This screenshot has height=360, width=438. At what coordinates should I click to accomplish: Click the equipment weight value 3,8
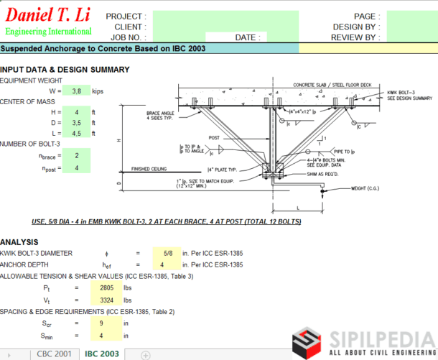click(77, 91)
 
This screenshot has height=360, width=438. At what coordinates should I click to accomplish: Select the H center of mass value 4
click(77, 112)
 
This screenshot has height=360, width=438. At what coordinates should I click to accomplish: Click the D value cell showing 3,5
click(77, 123)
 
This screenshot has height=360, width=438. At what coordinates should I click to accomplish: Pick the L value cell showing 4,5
click(77, 133)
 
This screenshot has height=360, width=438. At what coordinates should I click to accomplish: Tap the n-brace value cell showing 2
click(77, 154)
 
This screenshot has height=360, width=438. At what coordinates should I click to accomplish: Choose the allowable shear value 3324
click(103, 299)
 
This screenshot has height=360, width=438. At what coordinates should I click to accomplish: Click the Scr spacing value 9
click(103, 323)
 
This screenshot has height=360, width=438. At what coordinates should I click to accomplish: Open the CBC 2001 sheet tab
click(53, 354)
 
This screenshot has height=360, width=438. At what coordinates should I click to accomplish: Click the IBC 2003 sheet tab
click(102, 354)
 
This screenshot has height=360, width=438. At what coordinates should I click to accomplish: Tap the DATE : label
click(246, 37)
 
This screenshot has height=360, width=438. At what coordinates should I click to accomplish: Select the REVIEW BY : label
click(355, 37)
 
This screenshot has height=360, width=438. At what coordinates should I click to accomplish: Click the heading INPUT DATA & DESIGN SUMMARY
click(65, 70)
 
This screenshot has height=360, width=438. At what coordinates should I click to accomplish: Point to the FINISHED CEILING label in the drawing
click(149, 170)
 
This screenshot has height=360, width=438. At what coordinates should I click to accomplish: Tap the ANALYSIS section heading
click(19, 242)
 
